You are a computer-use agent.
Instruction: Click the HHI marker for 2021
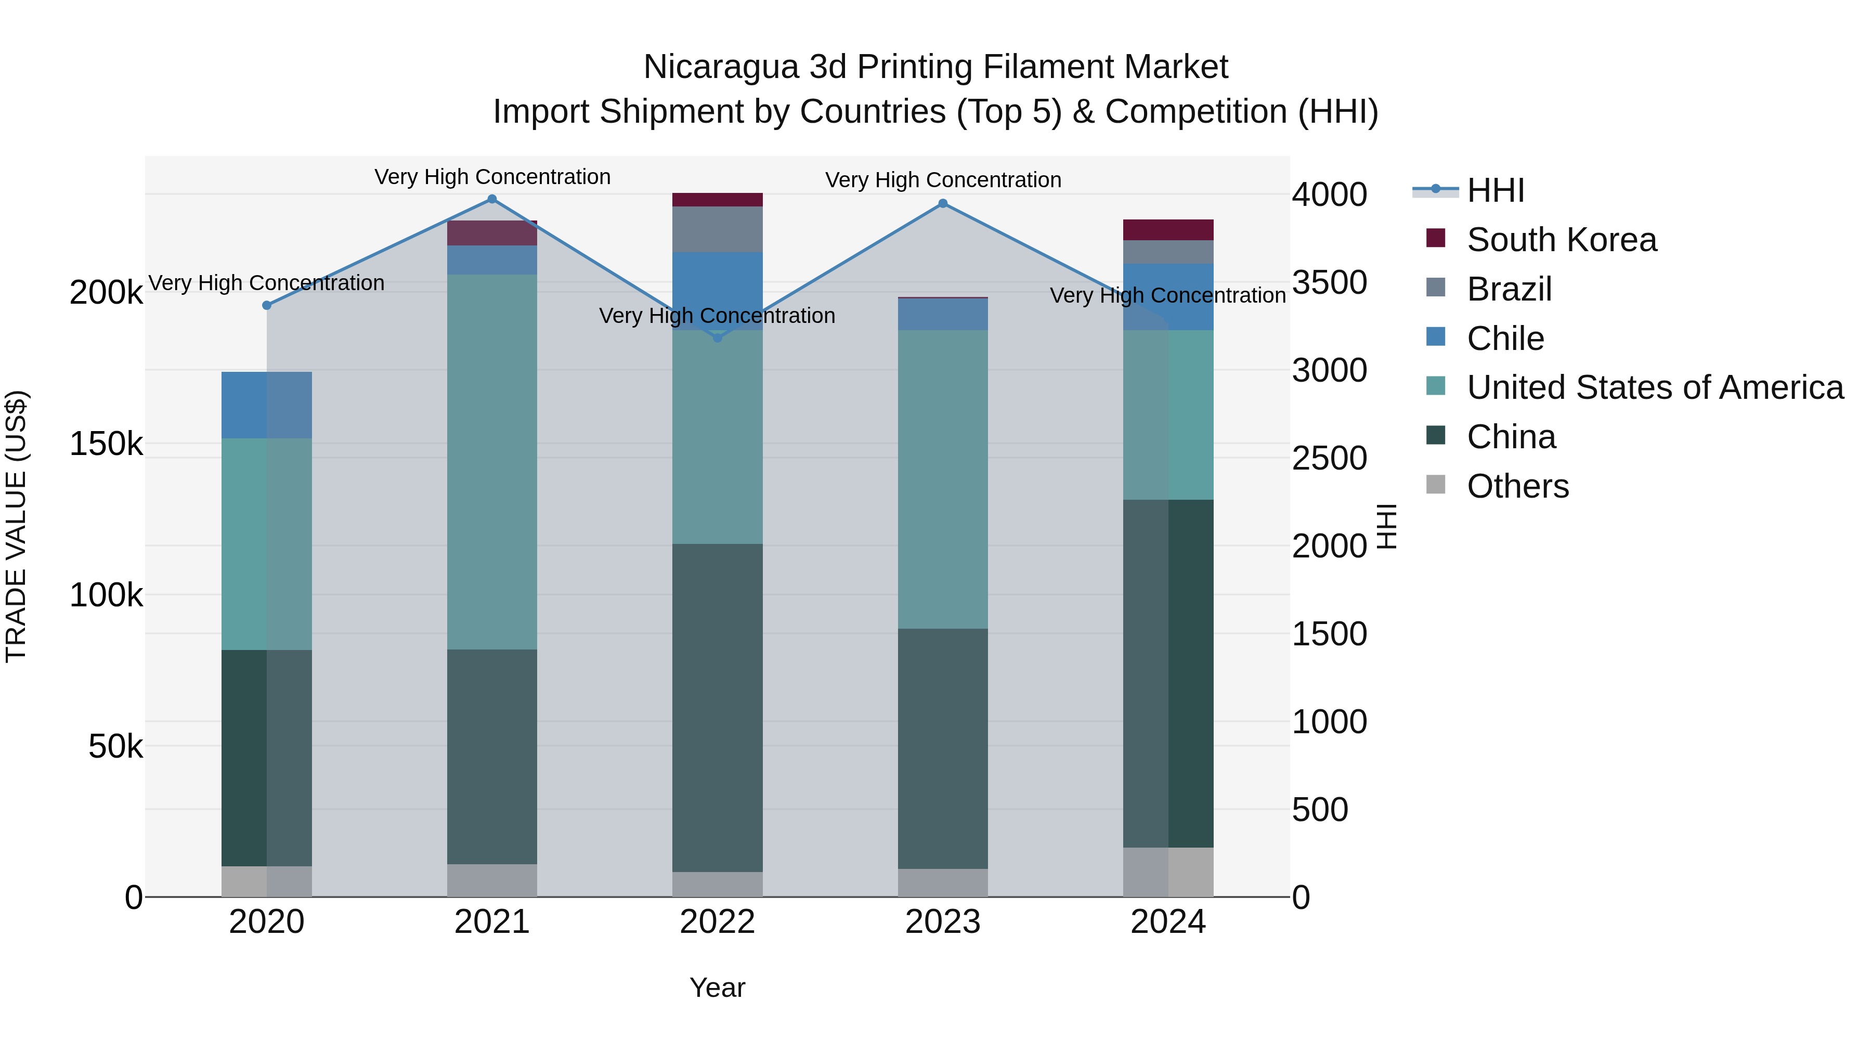pos(492,199)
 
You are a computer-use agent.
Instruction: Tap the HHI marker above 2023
pos(943,203)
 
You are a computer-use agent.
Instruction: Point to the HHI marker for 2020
pos(267,305)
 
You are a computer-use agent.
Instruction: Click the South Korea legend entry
pos(1561,240)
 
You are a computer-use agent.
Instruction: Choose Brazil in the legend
pos(1509,289)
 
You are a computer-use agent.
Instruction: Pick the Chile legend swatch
pos(1436,337)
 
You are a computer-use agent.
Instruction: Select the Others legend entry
pos(1517,486)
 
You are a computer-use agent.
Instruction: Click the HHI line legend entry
pos(1495,190)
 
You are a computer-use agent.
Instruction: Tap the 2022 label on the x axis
pos(717,922)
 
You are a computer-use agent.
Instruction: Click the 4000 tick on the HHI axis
pos(1329,195)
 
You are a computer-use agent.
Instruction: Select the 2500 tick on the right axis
pos(1329,459)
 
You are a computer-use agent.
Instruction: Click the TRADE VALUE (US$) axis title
pos(16,526)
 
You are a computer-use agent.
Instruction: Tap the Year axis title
pos(717,987)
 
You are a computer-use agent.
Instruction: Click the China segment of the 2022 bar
pos(717,707)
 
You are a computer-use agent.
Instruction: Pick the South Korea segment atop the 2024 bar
pos(1168,230)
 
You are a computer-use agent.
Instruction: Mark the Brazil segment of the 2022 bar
pos(717,229)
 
